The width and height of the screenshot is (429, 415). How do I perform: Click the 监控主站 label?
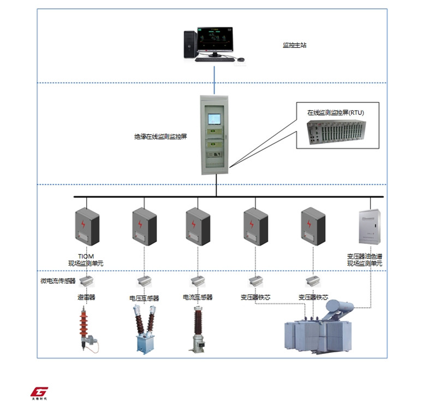(x=294, y=45)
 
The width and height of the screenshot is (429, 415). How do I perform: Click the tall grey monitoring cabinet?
(x=214, y=135)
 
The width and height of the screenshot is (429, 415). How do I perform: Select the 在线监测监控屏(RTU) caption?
(x=335, y=113)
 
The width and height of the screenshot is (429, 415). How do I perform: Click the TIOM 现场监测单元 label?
(x=86, y=260)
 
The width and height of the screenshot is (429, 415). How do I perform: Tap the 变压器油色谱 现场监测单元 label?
(x=365, y=260)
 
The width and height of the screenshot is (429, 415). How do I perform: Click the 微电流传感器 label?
(x=57, y=281)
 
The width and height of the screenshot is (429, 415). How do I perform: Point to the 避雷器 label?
(x=86, y=297)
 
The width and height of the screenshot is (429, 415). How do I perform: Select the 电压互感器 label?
(x=144, y=298)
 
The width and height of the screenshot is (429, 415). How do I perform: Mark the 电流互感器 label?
(x=198, y=297)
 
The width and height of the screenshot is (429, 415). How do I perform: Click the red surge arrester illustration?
(x=86, y=326)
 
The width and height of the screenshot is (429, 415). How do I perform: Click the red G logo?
(x=39, y=392)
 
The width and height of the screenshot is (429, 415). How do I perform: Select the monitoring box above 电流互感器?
(x=198, y=226)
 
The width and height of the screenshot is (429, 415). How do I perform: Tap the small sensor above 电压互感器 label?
(x=144, y=282)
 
